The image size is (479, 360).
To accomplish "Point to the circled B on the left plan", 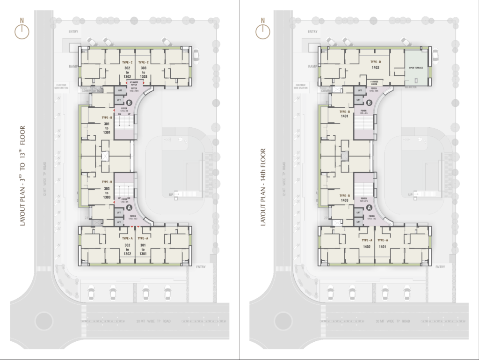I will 128,102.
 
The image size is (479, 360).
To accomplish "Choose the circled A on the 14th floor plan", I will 369,208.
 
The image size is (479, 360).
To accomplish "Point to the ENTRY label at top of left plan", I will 73,31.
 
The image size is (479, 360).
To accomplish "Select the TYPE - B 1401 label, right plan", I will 345,114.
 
